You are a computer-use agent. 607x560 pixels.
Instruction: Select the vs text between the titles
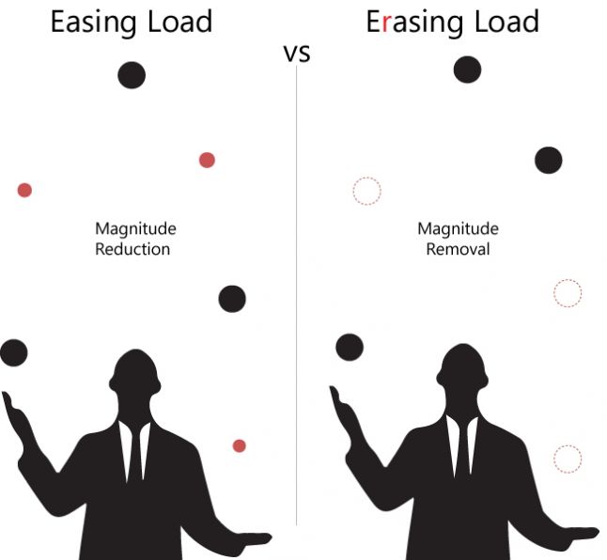(x=297, y=54)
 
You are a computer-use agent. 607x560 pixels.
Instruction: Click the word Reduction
(x=132, y=249)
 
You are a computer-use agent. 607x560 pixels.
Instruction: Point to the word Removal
(x=458, y=249)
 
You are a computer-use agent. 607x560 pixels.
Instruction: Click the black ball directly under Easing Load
(x=132, y=75)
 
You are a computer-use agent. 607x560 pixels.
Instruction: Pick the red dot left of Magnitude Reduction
(x=24, y=190)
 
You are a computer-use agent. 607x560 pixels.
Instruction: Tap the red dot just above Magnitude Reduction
(x=207, y=160)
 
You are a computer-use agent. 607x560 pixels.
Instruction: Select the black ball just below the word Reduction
(x=232, y=299)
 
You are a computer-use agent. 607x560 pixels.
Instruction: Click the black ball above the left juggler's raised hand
(x=13, y=353)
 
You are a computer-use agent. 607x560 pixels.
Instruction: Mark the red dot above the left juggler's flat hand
(x=239, y=445)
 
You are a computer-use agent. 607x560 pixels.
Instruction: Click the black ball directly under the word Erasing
(x=467, y=70)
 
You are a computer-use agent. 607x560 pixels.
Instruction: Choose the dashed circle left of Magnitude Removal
(x=366, y=191)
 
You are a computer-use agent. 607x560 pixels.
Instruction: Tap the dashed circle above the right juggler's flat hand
(x=567, y=459)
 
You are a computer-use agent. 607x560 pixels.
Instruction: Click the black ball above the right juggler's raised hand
(x=350, y=347)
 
